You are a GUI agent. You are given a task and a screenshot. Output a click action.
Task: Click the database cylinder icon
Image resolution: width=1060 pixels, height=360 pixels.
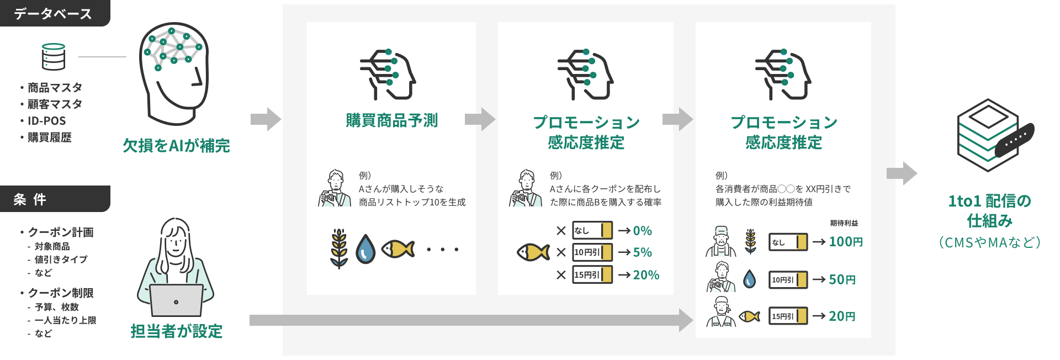pyautogui.click(x=54, y=57)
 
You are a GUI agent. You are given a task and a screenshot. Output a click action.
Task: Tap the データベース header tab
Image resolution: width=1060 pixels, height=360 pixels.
pyautogui.click(x=54, y=13)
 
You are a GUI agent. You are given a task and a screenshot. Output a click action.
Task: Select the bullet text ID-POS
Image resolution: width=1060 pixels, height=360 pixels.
pyautogui.click(x=47, y=121)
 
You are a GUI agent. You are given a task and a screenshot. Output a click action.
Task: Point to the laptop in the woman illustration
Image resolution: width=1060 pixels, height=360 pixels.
pyautogui.click(x=176, y=301)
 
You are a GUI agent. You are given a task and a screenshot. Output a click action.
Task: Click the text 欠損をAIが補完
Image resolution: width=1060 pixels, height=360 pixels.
pyautogui.click(x=176, y=146)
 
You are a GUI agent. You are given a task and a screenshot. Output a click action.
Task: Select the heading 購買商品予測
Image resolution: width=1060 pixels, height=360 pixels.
pyautogui.click(x=391, y=120)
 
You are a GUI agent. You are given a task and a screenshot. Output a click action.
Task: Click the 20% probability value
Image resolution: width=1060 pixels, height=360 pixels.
pyautogui.click(x=646, y=275)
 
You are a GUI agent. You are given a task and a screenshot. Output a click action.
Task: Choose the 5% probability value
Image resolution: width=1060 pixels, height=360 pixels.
pyautogui.click(x=643, y=252)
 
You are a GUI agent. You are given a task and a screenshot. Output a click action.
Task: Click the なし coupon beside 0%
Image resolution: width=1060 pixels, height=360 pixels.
pyautogui.click(x=592, y=230)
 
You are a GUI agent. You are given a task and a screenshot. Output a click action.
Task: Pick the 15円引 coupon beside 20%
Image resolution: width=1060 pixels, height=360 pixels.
pyautogui.click(x=592, y=275)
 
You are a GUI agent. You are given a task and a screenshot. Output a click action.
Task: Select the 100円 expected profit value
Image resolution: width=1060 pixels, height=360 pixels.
pyautogui.click(x=846, y=242)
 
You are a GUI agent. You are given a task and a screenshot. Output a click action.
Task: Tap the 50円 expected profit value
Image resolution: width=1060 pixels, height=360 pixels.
pyautogui.click(x=842, y=280)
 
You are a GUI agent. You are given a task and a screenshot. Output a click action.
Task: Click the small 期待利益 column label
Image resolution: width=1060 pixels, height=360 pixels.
pyautogui.click(x=844, y=223)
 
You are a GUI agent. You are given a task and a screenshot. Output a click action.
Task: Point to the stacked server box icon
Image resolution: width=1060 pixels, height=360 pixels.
pyautogui.click(x=988, y=135)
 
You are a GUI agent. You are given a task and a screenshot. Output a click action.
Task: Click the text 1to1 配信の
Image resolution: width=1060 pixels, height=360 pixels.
pyautogui.click(x=989, y=201)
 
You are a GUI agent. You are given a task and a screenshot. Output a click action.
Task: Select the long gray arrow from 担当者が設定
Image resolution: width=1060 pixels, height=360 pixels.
pyautogui.click(x=469, y=320)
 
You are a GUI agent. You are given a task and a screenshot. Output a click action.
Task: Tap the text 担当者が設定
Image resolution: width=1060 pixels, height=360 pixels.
pyautogui.click(x=176, y=331)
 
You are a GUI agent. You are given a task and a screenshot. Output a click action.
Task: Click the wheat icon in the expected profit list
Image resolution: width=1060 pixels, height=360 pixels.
pyautogui.click(x=750, y=241)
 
